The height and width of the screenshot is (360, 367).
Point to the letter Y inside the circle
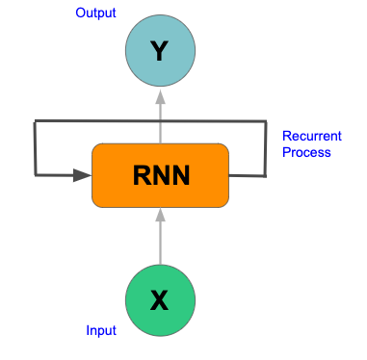coord(161,51)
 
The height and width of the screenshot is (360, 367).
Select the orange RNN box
coord(161,174)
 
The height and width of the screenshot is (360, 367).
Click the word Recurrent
coord(307,136)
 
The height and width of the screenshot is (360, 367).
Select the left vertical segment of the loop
coord(36,149)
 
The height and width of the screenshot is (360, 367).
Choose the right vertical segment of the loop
coord(265,149)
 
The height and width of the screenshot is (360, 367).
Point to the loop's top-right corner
coord(265,121)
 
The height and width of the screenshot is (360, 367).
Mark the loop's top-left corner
coord(36,121)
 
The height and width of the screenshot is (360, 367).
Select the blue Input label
coord(101,331)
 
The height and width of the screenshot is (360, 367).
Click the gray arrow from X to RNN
coord(161,241)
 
